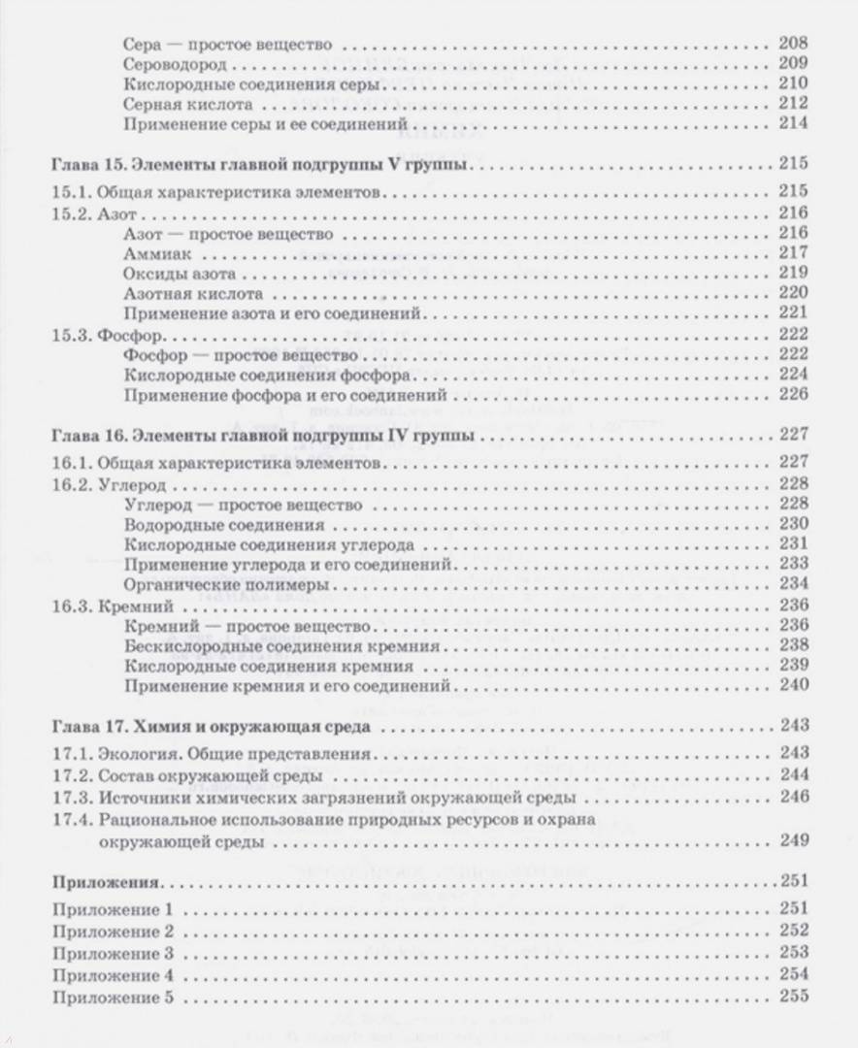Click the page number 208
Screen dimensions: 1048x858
pos(793,45)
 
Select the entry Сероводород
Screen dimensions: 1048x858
pos(176,64)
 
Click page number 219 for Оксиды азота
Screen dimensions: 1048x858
pos(793,273)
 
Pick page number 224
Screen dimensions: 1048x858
pos(793,375)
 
